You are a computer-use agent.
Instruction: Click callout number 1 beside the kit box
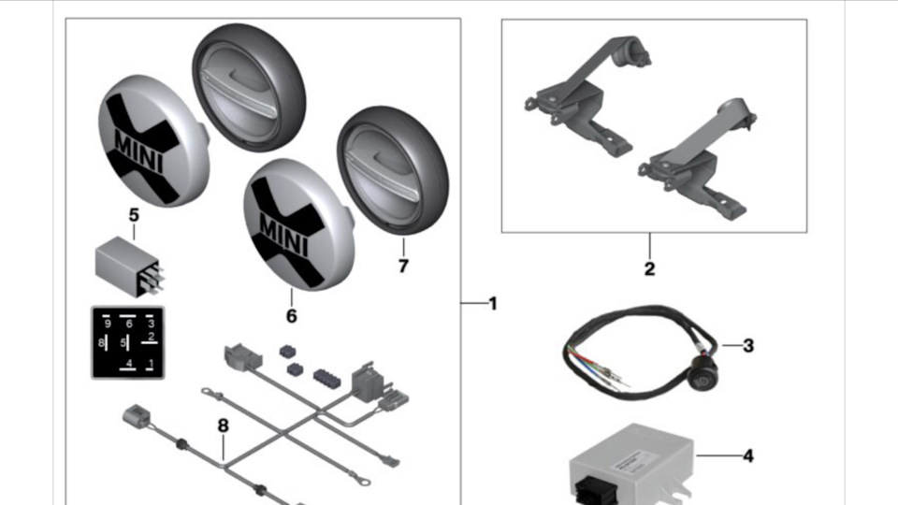point(493,304)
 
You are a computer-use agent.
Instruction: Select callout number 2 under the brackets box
point(649,270)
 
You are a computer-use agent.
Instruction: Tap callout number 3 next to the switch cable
point(747,345)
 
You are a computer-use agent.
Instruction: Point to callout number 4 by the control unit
point(747,456)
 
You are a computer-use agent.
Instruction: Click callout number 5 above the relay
point(133,215)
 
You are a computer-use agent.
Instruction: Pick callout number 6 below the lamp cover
point(291,316)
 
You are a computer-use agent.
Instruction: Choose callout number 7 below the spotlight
point(403,267)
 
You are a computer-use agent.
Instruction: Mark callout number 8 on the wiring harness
point(223,426)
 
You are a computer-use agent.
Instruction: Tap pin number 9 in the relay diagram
point(108,324)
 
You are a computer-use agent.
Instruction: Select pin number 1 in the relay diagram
point(151,362)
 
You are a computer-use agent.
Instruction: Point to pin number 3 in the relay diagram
point(151,324)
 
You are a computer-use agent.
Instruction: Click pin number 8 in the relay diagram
point(102,343)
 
